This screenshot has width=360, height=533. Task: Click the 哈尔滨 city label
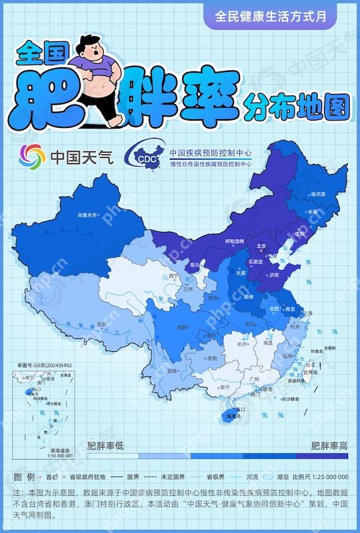point(319,194)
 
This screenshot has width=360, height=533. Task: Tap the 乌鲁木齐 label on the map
point(87,215)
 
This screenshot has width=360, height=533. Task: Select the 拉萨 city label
point(103,324)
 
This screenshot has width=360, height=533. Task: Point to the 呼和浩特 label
point(235,241)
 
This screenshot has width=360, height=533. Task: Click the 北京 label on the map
point(262,246)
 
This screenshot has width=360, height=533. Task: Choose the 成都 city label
point(181,327)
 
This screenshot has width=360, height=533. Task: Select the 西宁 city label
point(174,275)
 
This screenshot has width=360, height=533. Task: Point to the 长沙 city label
point(243,344)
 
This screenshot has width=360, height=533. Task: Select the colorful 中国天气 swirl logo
point(32,157)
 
